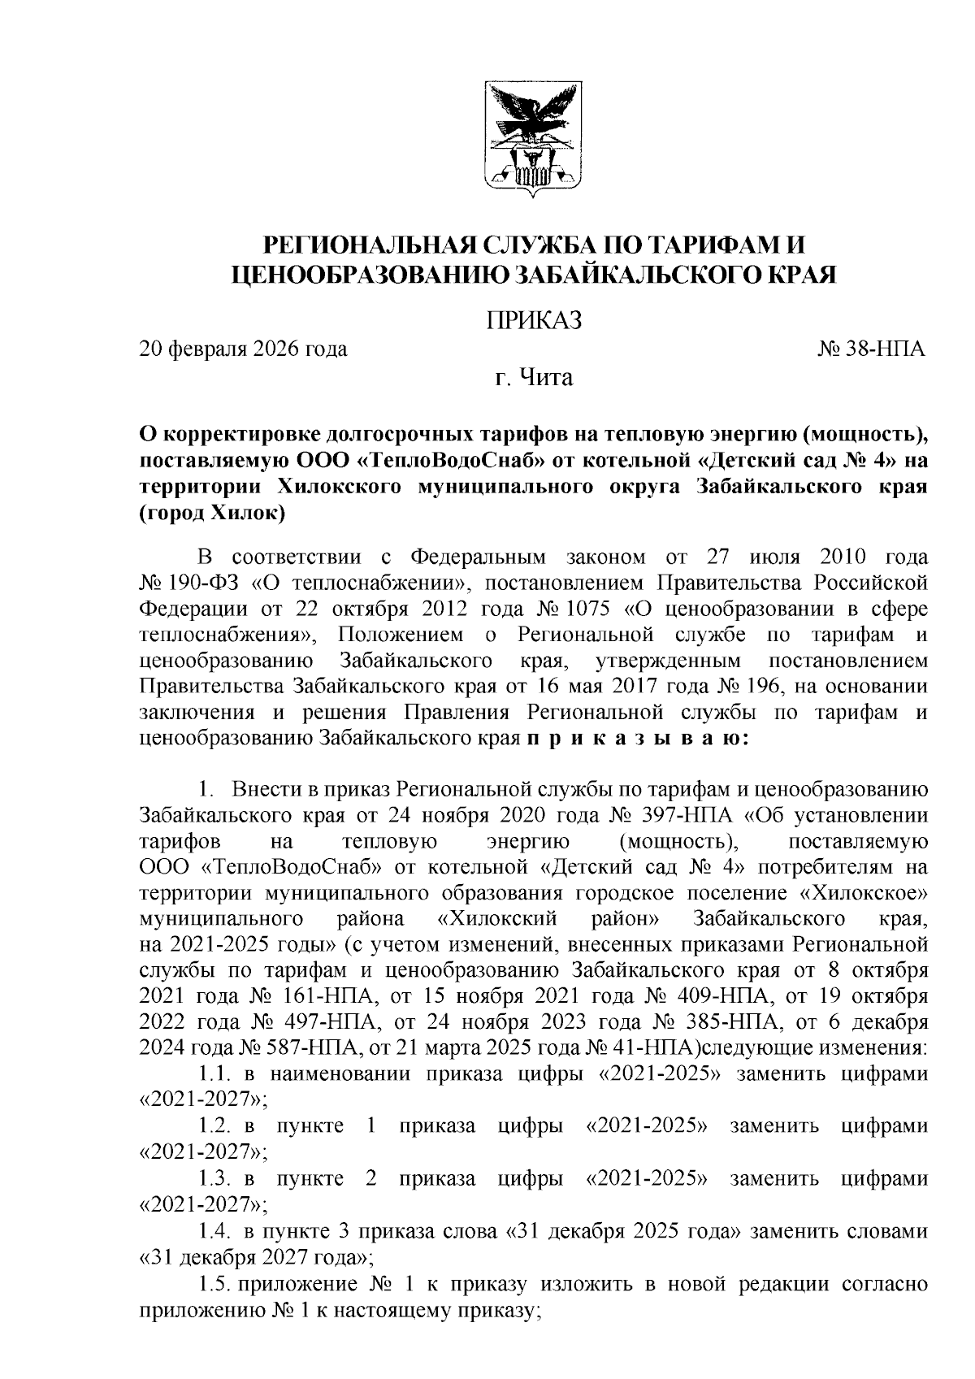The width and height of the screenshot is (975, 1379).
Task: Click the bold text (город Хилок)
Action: click(212, 513)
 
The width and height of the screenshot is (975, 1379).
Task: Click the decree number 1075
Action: click(597, 608)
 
